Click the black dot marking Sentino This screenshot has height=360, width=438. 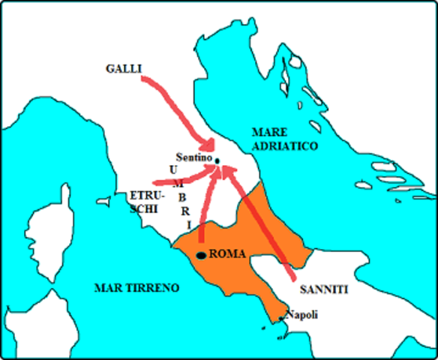pyautogui.click(x=217, y=160)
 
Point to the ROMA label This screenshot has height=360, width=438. pyautogui.click(x=227, y=254)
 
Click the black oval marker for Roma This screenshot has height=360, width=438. pyautogui.click(x=200, y=255)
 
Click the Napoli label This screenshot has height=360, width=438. pyautogui.click(x=302, y=315)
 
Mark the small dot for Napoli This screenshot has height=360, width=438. pyautogui.click(x=282, y=319)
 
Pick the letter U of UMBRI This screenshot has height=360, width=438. pyautogui.click(x=173, y=169)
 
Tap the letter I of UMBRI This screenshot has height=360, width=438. pyautogui.click(x=188, y=225)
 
